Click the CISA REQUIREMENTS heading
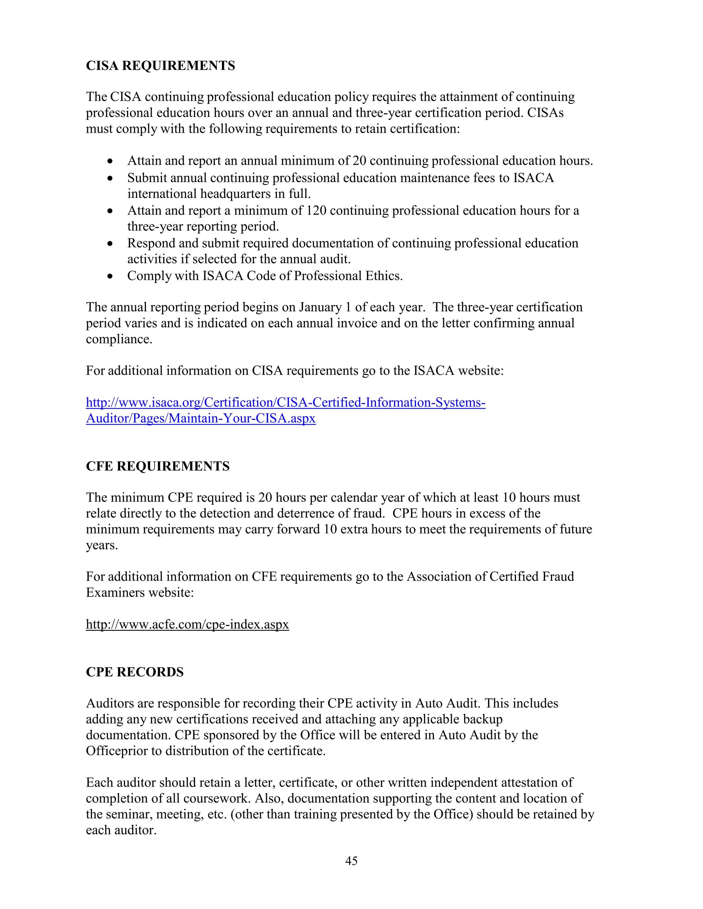(160, 66)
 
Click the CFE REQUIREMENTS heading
(158, 466)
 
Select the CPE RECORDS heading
(135, 672)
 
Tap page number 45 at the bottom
(351, 861)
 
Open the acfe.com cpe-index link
(187, 624)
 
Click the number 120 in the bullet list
(316, 211)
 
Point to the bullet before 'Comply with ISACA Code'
(110, 276)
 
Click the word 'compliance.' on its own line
(119, 339)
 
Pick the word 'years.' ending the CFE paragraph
(102, 545)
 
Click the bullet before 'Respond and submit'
(110, 244)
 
